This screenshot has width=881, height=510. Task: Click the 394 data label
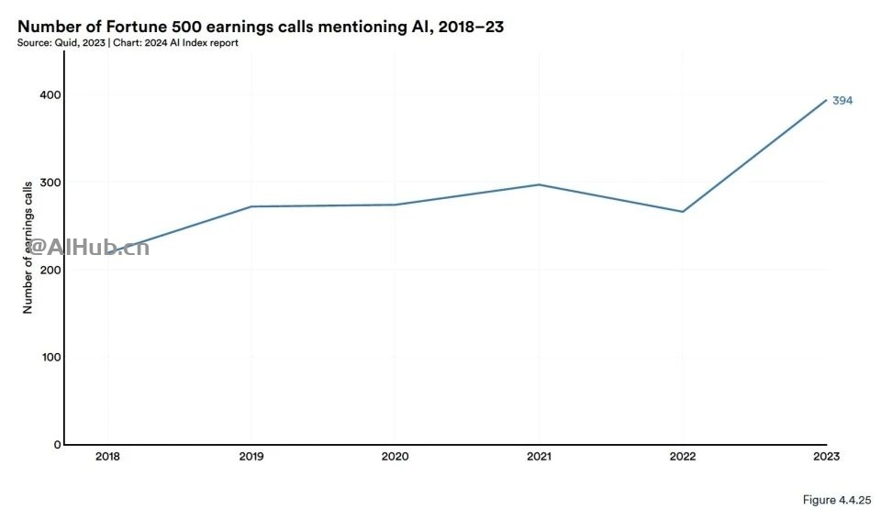tap(842, 101)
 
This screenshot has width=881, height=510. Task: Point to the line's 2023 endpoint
tap(826, 100)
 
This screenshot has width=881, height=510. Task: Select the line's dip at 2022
tap(682, 212)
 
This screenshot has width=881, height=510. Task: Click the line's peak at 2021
tap(539, 184)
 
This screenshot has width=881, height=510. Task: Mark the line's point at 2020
tap(395, 205)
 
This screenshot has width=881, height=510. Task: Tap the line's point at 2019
tap(251, 206)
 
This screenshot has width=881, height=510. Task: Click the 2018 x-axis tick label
tap(107, 457)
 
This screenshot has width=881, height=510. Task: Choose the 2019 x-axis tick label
tap(251, 457)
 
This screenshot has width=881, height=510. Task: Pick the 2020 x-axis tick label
tap(395, 457)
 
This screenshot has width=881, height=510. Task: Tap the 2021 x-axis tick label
tap(539, 457)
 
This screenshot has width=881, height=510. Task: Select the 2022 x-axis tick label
tap(682, 457)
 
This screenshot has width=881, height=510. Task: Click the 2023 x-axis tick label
tap(826, 457)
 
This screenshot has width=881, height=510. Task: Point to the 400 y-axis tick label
tap(50, 95)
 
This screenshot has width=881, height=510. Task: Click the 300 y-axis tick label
tap(50, 183)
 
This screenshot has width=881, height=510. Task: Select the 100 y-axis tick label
tap(50, 358)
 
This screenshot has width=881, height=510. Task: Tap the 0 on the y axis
tap(57, 445)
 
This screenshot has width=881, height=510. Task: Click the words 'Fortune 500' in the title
tap(135, 27)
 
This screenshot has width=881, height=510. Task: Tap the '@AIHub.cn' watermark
tap(88, 246)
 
